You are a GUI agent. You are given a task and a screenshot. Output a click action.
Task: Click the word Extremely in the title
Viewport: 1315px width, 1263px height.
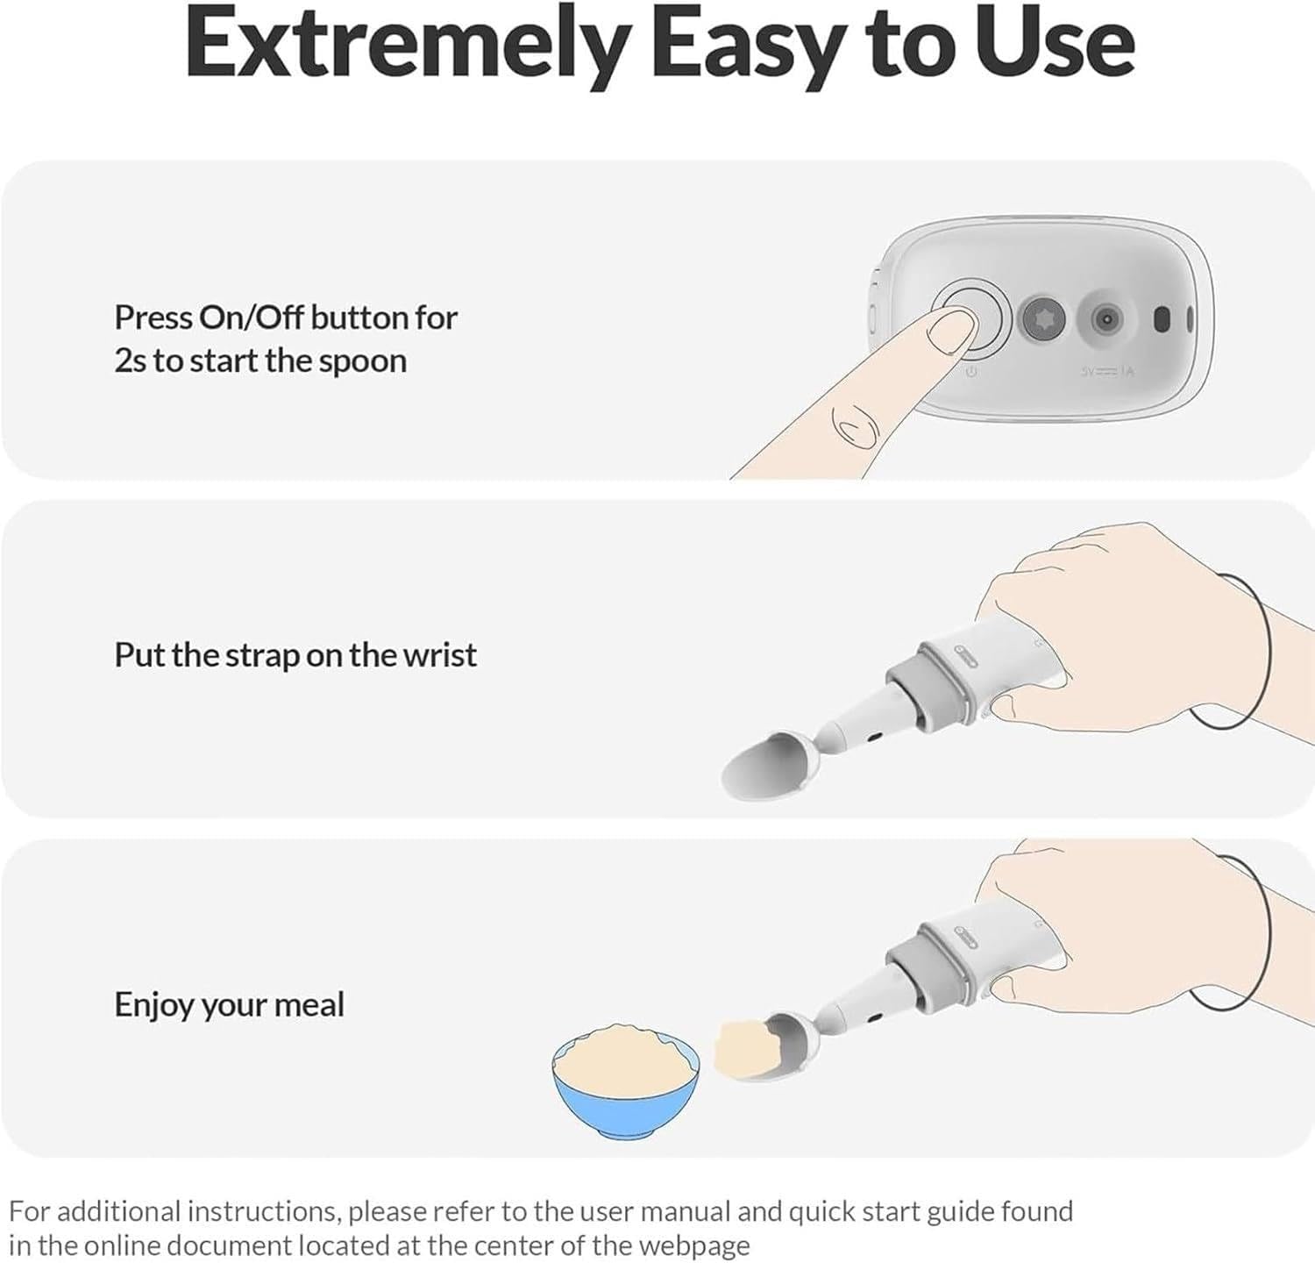[x=407, y=44]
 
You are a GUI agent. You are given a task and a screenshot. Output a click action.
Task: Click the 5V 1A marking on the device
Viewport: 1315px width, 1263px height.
[x=1108, y=372]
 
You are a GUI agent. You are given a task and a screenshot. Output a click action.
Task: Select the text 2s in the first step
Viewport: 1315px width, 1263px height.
[x=130, y=361]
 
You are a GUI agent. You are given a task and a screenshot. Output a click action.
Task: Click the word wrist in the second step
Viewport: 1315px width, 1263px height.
[x=439, y=655]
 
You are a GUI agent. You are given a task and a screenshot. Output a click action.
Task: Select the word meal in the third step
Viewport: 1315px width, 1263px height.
[x=309, y=1004]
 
